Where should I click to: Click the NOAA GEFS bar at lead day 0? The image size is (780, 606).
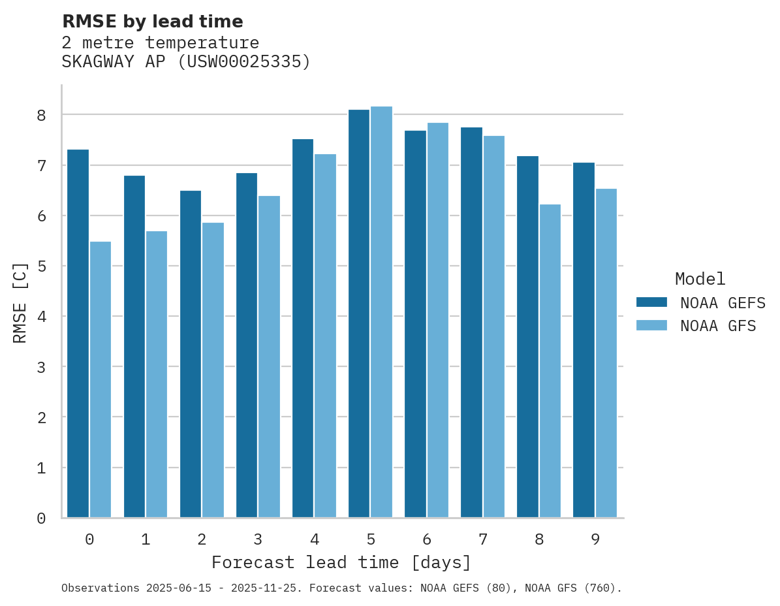point(78,333)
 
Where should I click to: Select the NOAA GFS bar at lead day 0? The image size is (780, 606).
point(101,379)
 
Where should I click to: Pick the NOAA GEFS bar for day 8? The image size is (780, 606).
point(527,336)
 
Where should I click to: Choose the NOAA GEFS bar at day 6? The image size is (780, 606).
point(415,324)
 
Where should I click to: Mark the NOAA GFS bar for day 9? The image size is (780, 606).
point(606,353)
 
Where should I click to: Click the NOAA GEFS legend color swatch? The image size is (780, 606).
point(651,302)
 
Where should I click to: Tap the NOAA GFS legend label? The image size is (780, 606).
point(718,326)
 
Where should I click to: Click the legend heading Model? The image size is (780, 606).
point(700,279)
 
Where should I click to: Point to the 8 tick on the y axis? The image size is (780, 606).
point(41,116)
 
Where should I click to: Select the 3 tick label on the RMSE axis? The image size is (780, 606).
point(41,367)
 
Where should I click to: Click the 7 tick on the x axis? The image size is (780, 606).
point(483,539)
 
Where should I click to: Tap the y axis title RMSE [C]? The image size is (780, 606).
point(21,302)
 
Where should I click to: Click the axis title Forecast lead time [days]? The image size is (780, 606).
point(341,562)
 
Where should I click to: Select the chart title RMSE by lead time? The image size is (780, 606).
point(152,22)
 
